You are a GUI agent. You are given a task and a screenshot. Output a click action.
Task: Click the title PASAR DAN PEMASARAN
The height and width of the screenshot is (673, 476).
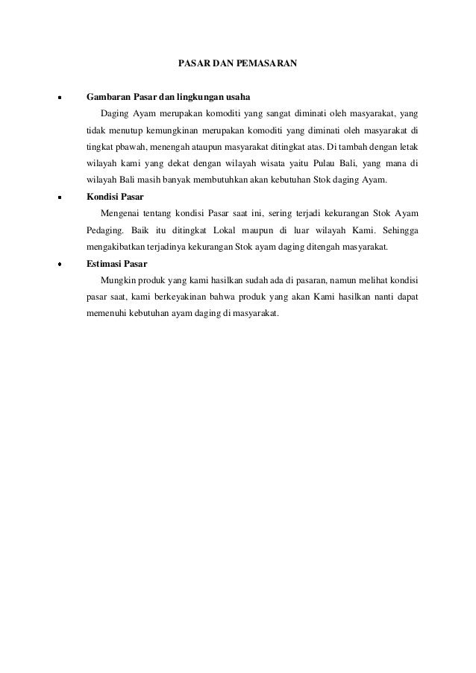pyautogui.click(x=238, y=65)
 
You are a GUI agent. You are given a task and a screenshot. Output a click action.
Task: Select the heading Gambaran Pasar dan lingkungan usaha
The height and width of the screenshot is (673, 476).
pyautogui.click(x=169, y=98)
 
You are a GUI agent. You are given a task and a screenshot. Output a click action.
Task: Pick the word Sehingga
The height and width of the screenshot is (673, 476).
pyautogui.click(x=398, y=231)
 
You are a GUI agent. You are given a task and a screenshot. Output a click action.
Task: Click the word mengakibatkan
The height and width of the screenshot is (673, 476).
pyautogui.click(x=121, y=247)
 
